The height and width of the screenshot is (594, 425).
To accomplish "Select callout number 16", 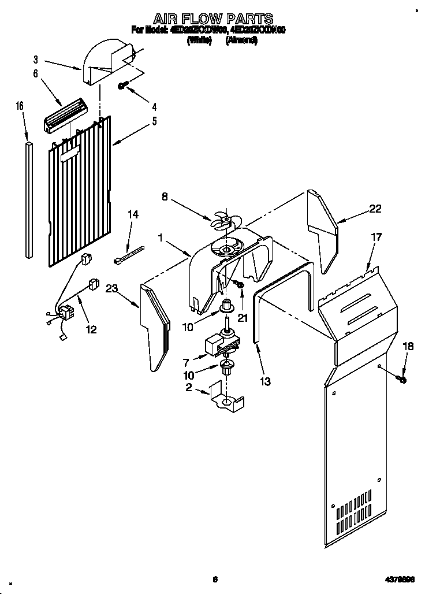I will coord(20,106).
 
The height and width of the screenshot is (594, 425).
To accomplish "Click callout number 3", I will coord(36,59).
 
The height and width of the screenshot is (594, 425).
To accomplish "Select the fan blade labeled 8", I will coord(222,220).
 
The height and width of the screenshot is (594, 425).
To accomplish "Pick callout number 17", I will coord(376,237).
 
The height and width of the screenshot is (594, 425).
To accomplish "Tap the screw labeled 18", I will coord(402,379).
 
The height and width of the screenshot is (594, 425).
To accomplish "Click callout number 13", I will coord(266,381).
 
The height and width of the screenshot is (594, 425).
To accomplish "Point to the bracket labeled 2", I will coord(228,399).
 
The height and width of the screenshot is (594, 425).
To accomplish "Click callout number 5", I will coord(154,121).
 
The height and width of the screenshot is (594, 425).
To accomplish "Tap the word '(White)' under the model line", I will coord(199,42).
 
